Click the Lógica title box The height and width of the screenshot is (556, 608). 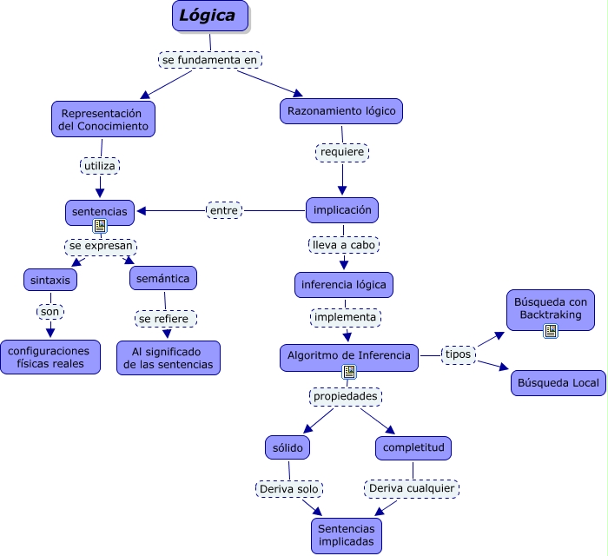[210, 16]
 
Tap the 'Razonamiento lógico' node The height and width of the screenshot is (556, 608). [342, 111]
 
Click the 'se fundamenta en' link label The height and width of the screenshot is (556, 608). [210, 59]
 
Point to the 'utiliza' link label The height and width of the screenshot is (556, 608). [100, 165]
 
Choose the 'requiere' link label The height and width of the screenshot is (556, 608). [342, 152]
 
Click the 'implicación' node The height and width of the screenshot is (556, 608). [342, 209]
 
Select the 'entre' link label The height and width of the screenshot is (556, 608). [225, 209]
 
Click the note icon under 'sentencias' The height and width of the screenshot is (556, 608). [100, 226]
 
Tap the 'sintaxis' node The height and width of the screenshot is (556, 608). [50, 280]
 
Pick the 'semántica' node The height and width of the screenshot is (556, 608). [164, 277]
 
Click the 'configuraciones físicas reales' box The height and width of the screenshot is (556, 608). [50, 357]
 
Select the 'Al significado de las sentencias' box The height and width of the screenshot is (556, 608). [169, 357]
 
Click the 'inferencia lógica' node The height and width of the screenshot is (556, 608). [344, 284]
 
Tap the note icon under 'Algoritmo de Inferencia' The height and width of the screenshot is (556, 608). [349, 372]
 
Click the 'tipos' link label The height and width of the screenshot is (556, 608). [458, 354]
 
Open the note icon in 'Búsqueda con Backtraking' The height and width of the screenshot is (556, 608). [551, 330]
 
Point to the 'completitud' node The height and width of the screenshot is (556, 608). [413, 447]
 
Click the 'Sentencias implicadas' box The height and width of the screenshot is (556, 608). [346, 535]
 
